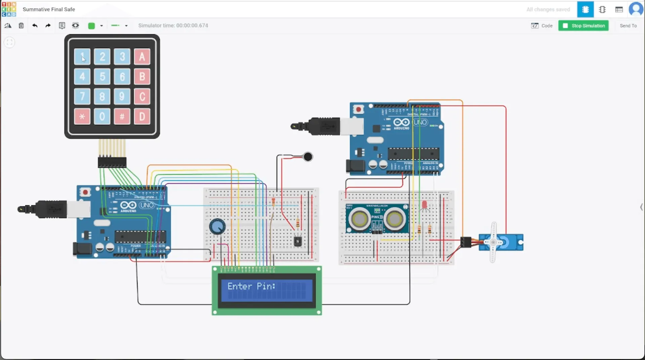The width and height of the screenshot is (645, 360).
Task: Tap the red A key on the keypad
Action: (x=142, y=56)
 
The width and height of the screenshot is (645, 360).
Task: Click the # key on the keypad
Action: (x=122, y=116)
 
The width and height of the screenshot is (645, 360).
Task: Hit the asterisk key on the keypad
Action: (x=82, y=116)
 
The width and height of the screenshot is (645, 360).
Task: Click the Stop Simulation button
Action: (x=583, y=26)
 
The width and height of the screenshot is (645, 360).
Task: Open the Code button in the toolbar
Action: (x=542, y=26)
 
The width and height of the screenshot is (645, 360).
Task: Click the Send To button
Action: (x=628, y=26)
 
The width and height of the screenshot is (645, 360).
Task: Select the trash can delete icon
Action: (x=21, y=26)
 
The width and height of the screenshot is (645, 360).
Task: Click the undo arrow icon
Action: (x=35, y=26)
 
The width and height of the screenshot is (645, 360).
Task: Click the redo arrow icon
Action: (x=48, y=26)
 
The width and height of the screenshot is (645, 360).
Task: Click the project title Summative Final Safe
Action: (x=49, y=9)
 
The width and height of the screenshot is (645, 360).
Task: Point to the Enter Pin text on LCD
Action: (x=251, y=286)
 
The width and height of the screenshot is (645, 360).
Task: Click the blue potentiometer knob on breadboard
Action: (x=217, y=227)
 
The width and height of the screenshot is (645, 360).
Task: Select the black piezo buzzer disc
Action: (x=308, y=157)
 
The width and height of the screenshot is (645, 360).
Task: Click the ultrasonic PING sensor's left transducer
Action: (x=359, y=219)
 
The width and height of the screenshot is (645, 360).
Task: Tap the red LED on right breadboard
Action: (x=424, y=204)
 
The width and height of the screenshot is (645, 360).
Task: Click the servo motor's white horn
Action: (x=493, y=242)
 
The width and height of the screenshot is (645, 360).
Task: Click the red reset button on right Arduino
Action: (x=358, y=110)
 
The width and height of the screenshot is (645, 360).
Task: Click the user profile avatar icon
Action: (x=636, y=9)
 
